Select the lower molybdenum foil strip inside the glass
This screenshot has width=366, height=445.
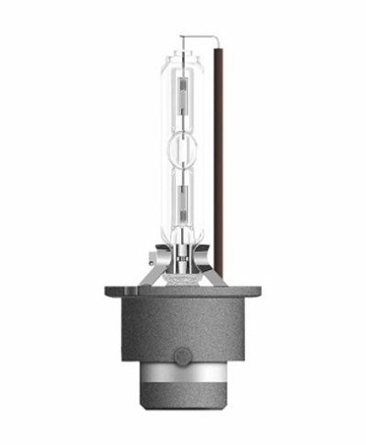click(x=184, y=200)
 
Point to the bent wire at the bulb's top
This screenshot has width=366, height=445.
click(x=203, y=38)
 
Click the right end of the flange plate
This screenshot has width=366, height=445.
click(x=260, y=292)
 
